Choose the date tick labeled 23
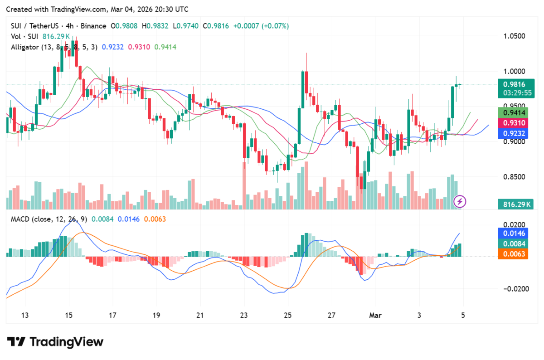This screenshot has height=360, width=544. [244, 315]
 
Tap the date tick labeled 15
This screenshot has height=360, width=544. [68, 315]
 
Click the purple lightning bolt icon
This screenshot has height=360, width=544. [461, 201]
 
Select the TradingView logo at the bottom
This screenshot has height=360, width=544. [55, 341]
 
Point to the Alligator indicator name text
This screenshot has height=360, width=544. [25, 47]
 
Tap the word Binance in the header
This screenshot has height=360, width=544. [92, 26]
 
